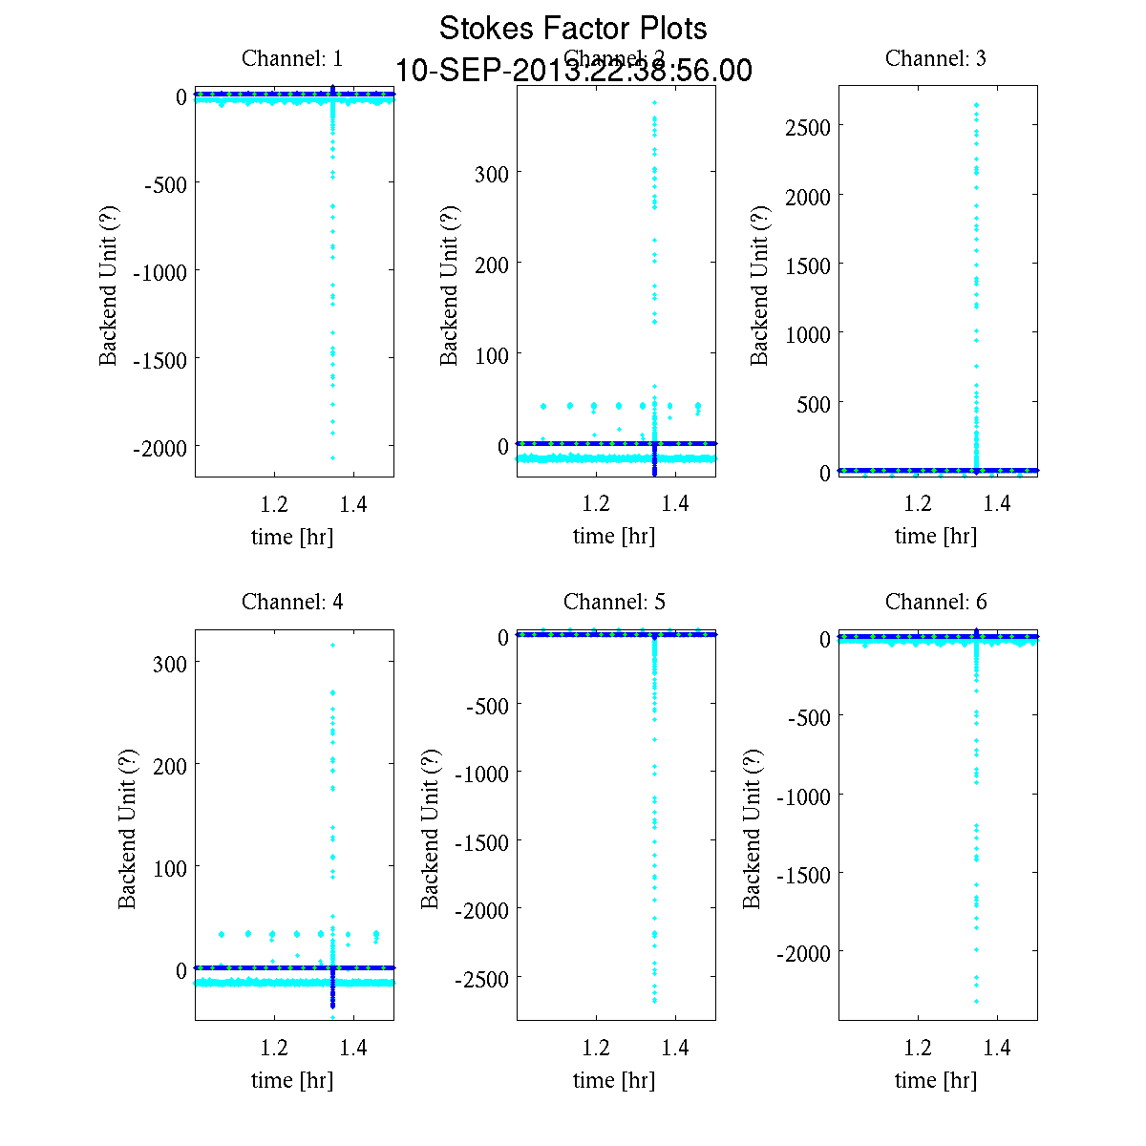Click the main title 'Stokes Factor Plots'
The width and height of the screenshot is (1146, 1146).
click(573, 29)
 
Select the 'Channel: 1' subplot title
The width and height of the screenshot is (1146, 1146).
click(292, 58)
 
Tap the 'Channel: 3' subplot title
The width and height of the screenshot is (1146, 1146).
click(936, 58)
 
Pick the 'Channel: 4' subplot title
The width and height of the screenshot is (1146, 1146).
click(292, 602)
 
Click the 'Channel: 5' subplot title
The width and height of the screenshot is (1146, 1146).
click(614, 602)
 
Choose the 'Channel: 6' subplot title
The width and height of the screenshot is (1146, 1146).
click(936, 602)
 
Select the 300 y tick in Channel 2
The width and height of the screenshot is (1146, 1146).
click(492, 173)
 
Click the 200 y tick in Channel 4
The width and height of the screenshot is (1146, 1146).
click(170, 764)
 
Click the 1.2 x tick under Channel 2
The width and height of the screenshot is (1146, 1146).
click(596, 504)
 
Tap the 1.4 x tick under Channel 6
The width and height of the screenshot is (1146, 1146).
click(997, 1048)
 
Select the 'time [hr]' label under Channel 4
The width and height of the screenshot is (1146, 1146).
click(292, 1080)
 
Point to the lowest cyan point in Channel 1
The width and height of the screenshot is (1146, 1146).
click(332, 458)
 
